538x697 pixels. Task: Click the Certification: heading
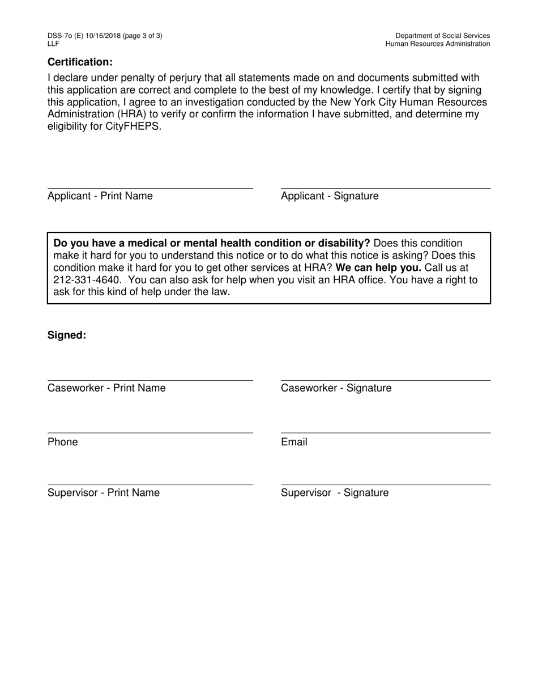80,62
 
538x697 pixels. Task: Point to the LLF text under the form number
53,44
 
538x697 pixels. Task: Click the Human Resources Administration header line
438,44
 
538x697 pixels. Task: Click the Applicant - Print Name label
100,196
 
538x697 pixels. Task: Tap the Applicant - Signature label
330,196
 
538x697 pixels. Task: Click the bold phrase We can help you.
378,267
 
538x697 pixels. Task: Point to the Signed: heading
67,335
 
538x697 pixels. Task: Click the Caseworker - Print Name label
106,388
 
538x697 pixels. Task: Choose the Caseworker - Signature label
336,388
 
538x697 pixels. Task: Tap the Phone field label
63,442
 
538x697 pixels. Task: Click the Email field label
294,442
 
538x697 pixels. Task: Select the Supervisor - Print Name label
104,493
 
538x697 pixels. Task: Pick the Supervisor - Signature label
335,493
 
